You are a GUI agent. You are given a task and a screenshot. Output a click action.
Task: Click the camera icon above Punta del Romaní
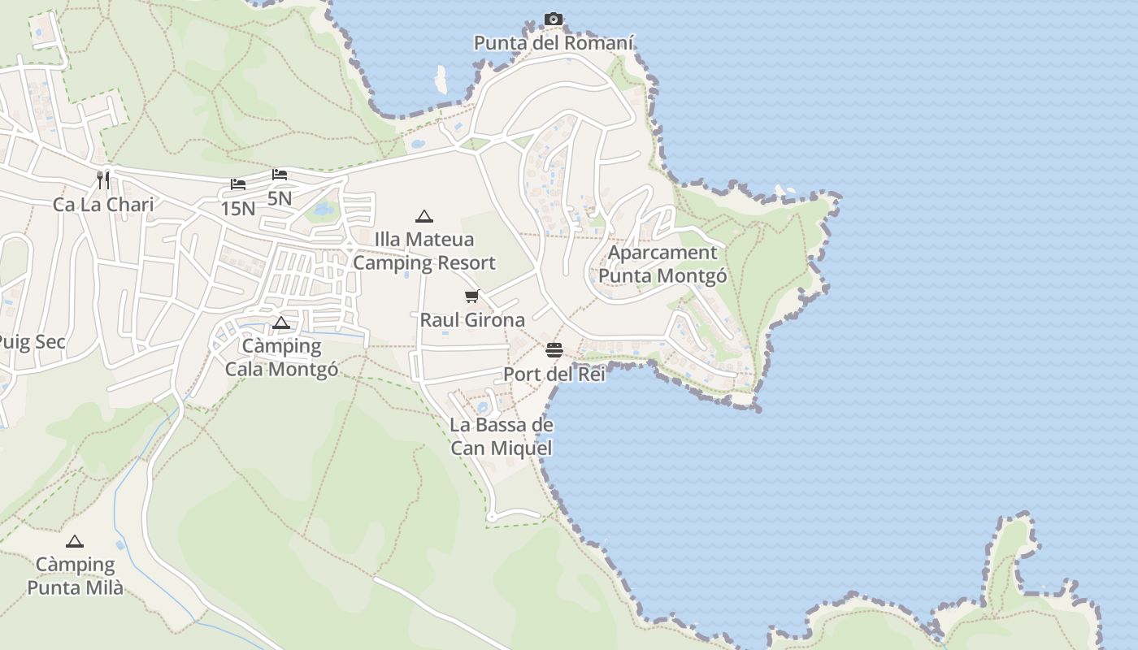(554, 19)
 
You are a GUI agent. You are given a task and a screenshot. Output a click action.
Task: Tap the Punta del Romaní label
(554, 43)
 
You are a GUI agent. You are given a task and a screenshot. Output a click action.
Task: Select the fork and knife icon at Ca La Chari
(103, 180)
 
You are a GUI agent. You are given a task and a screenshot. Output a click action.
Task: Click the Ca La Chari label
(103, 204)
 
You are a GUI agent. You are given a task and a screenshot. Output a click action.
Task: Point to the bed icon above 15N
(238, 184)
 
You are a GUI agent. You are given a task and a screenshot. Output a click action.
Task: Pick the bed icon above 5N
(280, 175)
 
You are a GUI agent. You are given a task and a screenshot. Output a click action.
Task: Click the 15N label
(238, 209)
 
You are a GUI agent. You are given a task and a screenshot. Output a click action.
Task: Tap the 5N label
(280, 198)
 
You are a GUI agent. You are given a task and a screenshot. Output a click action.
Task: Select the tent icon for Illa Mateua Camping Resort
(423, 216)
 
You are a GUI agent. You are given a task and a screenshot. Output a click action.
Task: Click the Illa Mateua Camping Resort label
(423, 251)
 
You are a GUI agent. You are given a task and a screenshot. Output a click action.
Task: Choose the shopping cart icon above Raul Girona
(472, 296)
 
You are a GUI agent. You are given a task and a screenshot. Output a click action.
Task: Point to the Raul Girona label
(472, 320)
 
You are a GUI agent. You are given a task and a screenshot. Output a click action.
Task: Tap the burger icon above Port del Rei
(554, 350)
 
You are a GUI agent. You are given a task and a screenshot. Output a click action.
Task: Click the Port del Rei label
(554, 375)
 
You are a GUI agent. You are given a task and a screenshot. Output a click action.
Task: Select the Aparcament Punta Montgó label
(662, 264)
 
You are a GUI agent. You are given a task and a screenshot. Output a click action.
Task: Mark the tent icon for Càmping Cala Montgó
(281, 323)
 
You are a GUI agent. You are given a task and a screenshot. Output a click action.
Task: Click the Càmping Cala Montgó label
(281, 357)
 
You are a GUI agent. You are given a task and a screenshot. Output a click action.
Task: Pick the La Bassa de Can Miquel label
(502, 436)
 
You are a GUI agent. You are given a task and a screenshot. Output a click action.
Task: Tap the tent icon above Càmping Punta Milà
(75, 541)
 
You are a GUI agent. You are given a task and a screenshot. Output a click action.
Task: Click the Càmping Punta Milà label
(75, 575)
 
